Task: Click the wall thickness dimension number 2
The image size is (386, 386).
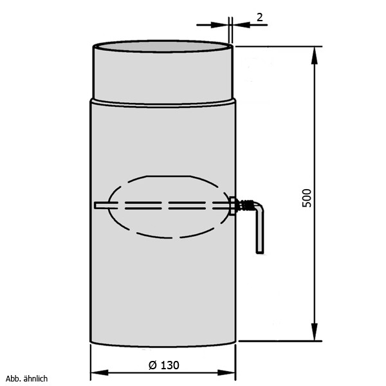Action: (x=260, y=17)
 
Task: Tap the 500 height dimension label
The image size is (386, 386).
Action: (x=307, y=198)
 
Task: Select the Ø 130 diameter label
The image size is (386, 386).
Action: (x=164, y=365)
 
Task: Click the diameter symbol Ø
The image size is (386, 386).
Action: (x=152, y=365)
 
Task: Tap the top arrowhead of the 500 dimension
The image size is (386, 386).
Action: (x=315, y=55)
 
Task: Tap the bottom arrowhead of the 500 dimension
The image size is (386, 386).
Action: (x=315, y=332)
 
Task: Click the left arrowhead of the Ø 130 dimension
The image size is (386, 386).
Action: (x=100, y=372)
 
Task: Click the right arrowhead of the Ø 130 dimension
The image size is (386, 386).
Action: (x=226, y=372)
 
